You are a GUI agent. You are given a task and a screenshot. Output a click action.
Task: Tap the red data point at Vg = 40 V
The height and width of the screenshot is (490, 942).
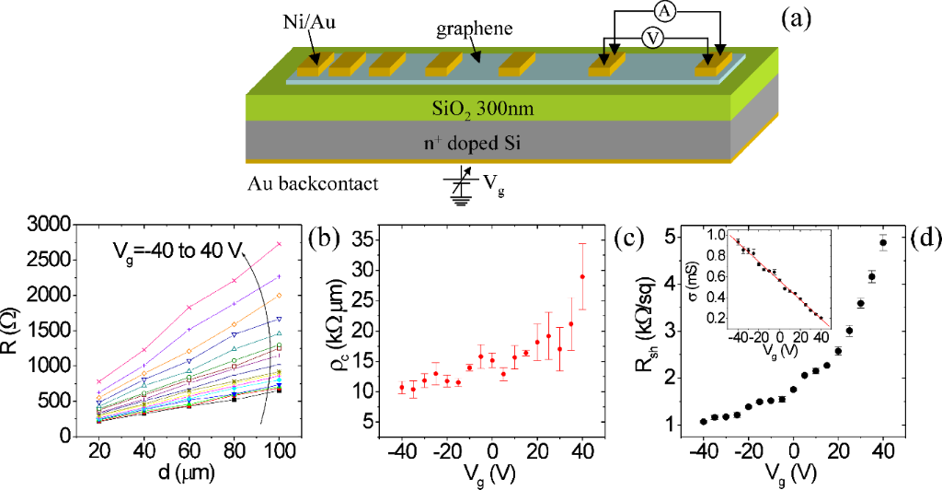[x=582, y=276]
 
